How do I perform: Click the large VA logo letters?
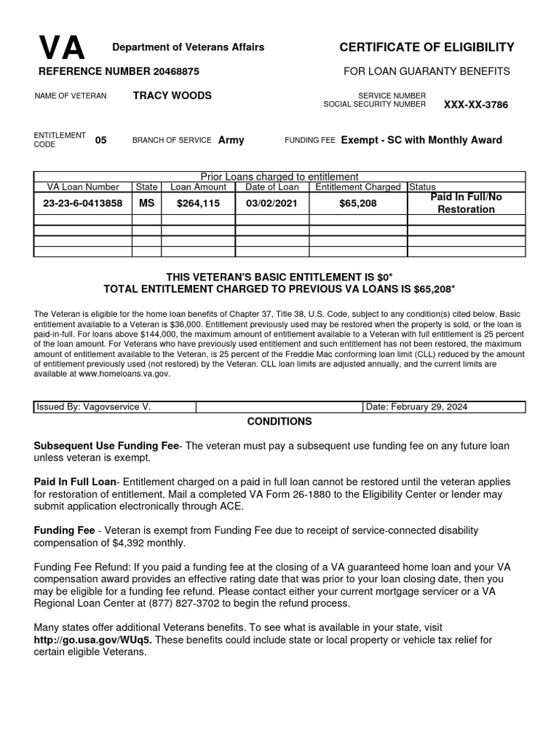pyautogui.click(x=62, y=49)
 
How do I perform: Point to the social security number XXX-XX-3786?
pyautogui.click(x=476, y=105)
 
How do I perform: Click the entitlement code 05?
pyautogui.click(x=100, y=140)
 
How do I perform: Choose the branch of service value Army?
pyautogui.click(x=231, y=140)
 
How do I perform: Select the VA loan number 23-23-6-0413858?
pyautogui.click(x=83, y=203)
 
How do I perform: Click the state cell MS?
pyautogui.click(x=147, y=203)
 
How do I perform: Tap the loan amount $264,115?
pyautogui.click(x=198, y=203)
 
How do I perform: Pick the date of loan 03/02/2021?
pyautogui.click(x=272, y=203)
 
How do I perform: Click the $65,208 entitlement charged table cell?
pyautogui.click(x=358, y=203)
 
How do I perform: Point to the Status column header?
pyautogui.click(x=423, y=187)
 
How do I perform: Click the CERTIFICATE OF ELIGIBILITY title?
pyautogui.click(x=427, y=47)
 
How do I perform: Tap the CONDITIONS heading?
pyautogui.click(x=279, y=422)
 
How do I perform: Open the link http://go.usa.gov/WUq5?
pyautogui.click(x=93, y=640)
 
